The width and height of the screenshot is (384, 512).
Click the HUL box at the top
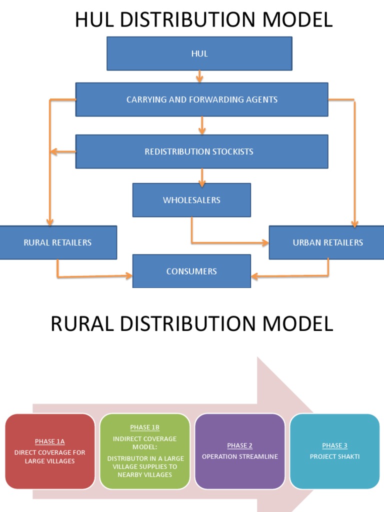click(199, 53)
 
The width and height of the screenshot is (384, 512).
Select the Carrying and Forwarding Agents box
click(201, 99)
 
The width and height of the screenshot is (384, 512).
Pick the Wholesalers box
click(191, 200)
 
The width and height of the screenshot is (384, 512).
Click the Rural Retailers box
click(57, 242)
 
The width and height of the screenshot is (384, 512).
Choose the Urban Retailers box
click(327, 242)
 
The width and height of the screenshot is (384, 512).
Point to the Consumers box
click(191, 271)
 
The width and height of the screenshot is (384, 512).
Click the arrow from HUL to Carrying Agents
click(199, 76)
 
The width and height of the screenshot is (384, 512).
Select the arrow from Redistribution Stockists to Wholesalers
click(202, 176)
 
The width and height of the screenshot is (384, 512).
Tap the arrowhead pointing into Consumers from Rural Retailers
click(128, 275)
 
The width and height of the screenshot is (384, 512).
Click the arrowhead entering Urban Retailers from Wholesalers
click(264, 243)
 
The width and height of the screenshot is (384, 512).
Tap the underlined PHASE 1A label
click(49, 441)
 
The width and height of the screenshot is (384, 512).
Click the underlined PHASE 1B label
click(144, 427)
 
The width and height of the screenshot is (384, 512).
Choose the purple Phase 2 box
click(239, 451)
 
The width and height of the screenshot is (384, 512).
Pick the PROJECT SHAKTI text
click(334, 456)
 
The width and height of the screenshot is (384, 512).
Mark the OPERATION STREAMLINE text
click(239, 456)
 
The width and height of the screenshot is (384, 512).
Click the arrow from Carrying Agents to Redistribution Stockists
click(202, 125)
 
